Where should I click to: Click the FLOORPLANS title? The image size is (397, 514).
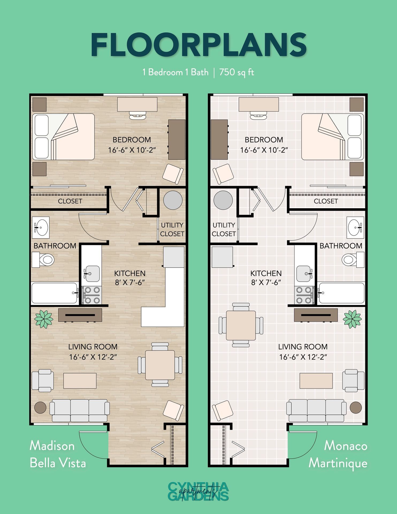tap(198, 45)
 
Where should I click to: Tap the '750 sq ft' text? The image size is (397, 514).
tap(236, 72)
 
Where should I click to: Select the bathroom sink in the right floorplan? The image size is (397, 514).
tap(355, 227)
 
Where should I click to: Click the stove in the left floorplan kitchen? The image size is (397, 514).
tap(91, 295)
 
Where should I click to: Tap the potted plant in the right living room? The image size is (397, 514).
tap(352, 319)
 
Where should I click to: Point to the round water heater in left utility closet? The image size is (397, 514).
tap(173, 200)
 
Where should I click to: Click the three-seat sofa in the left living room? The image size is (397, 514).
tap(80, 410)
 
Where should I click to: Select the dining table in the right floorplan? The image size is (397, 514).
tap(241, 325)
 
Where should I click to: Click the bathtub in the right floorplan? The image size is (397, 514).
tap(341, 293)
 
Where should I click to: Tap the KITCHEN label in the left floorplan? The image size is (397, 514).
tap(130, 273)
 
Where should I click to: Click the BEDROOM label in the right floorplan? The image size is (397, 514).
tap(264, 140)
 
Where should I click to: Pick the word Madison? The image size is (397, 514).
tap(52, 446)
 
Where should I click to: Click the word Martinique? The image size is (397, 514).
tap(338, 463)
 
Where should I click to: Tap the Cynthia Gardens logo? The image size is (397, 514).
tap(198, 491)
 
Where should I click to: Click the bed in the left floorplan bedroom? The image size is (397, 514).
tap(64, 137)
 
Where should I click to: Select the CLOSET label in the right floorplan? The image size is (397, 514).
tap(326, 201)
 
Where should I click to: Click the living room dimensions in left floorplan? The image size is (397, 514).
tap(93, 357)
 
